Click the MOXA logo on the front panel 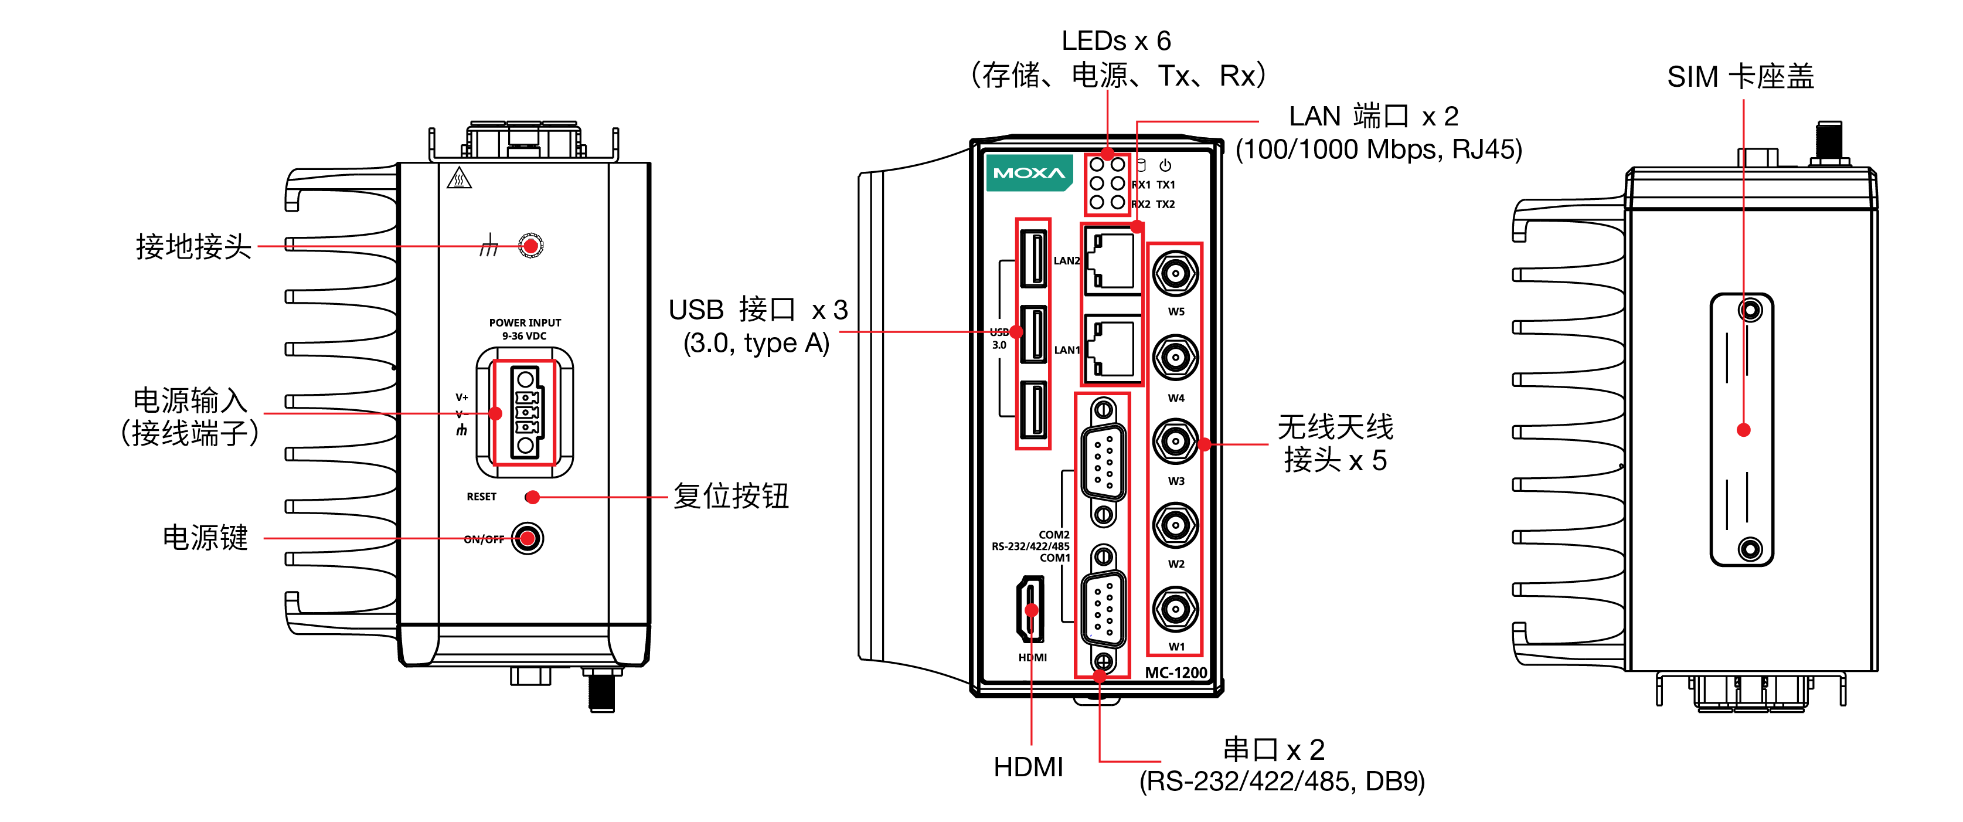1029,173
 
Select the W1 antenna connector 1175,609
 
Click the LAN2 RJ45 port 1112,261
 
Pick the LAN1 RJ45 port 1112,349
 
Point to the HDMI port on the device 1030,609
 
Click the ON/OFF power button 528,538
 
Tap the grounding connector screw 530,246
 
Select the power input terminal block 525,413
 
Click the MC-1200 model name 1176,672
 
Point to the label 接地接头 193,246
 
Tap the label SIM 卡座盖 1740,76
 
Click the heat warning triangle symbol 459,178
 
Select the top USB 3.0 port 1033,259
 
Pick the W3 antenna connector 1175,441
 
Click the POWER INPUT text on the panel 525,322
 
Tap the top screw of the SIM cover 1750,310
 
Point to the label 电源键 205,538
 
